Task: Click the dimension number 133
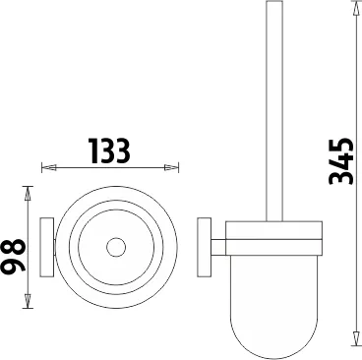(x=111, y=150)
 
